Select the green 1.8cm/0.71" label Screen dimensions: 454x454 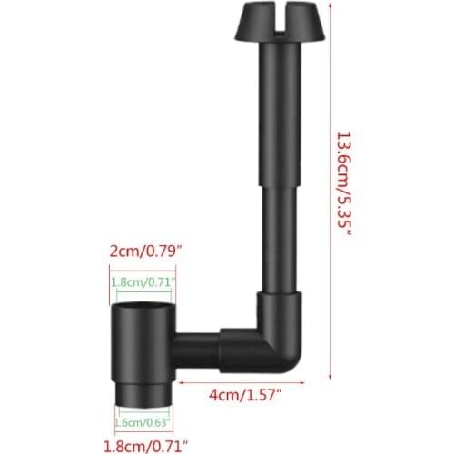pos(141,282)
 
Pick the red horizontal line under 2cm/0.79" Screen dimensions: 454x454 pos(141,266)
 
